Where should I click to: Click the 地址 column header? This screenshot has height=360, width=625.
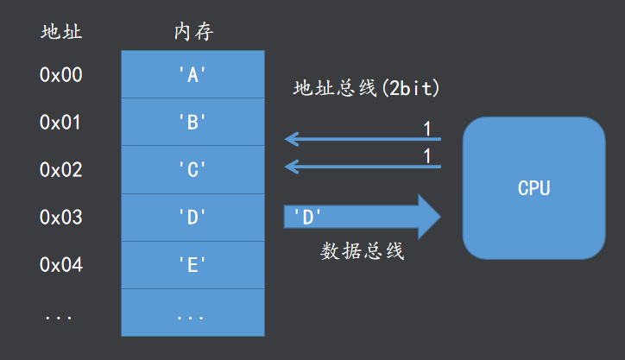tap(60, 33)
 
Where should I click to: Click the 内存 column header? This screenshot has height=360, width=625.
tap(193, 33)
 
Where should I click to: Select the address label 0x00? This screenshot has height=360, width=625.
tap(60, 75)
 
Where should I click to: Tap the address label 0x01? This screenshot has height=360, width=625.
tap(60, 123)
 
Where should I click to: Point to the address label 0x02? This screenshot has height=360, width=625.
tap(60, 170)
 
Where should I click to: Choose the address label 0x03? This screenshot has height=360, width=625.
tap(60, 218)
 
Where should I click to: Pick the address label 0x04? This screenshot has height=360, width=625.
tap(60, 265)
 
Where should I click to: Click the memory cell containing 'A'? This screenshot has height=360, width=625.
tap(193, 75)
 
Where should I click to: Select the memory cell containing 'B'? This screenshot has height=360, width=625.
tap(193, 123)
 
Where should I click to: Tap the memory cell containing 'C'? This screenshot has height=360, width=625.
tap(193, 170)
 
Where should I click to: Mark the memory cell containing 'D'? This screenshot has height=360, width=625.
tap(193, 218)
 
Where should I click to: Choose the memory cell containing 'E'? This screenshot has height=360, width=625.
tap(193, 265)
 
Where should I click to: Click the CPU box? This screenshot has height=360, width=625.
tap(533, 188)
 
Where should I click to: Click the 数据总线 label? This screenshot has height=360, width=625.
tap(363, 252)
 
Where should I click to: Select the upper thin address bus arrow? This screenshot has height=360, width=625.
tap(363, 138)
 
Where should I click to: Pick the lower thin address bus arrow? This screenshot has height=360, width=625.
tap(363, 166)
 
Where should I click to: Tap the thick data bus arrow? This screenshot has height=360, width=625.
tap(363, 217)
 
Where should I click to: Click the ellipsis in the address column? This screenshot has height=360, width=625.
tap(59, 314)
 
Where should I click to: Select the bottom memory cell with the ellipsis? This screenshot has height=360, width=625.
tap(193, 313)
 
